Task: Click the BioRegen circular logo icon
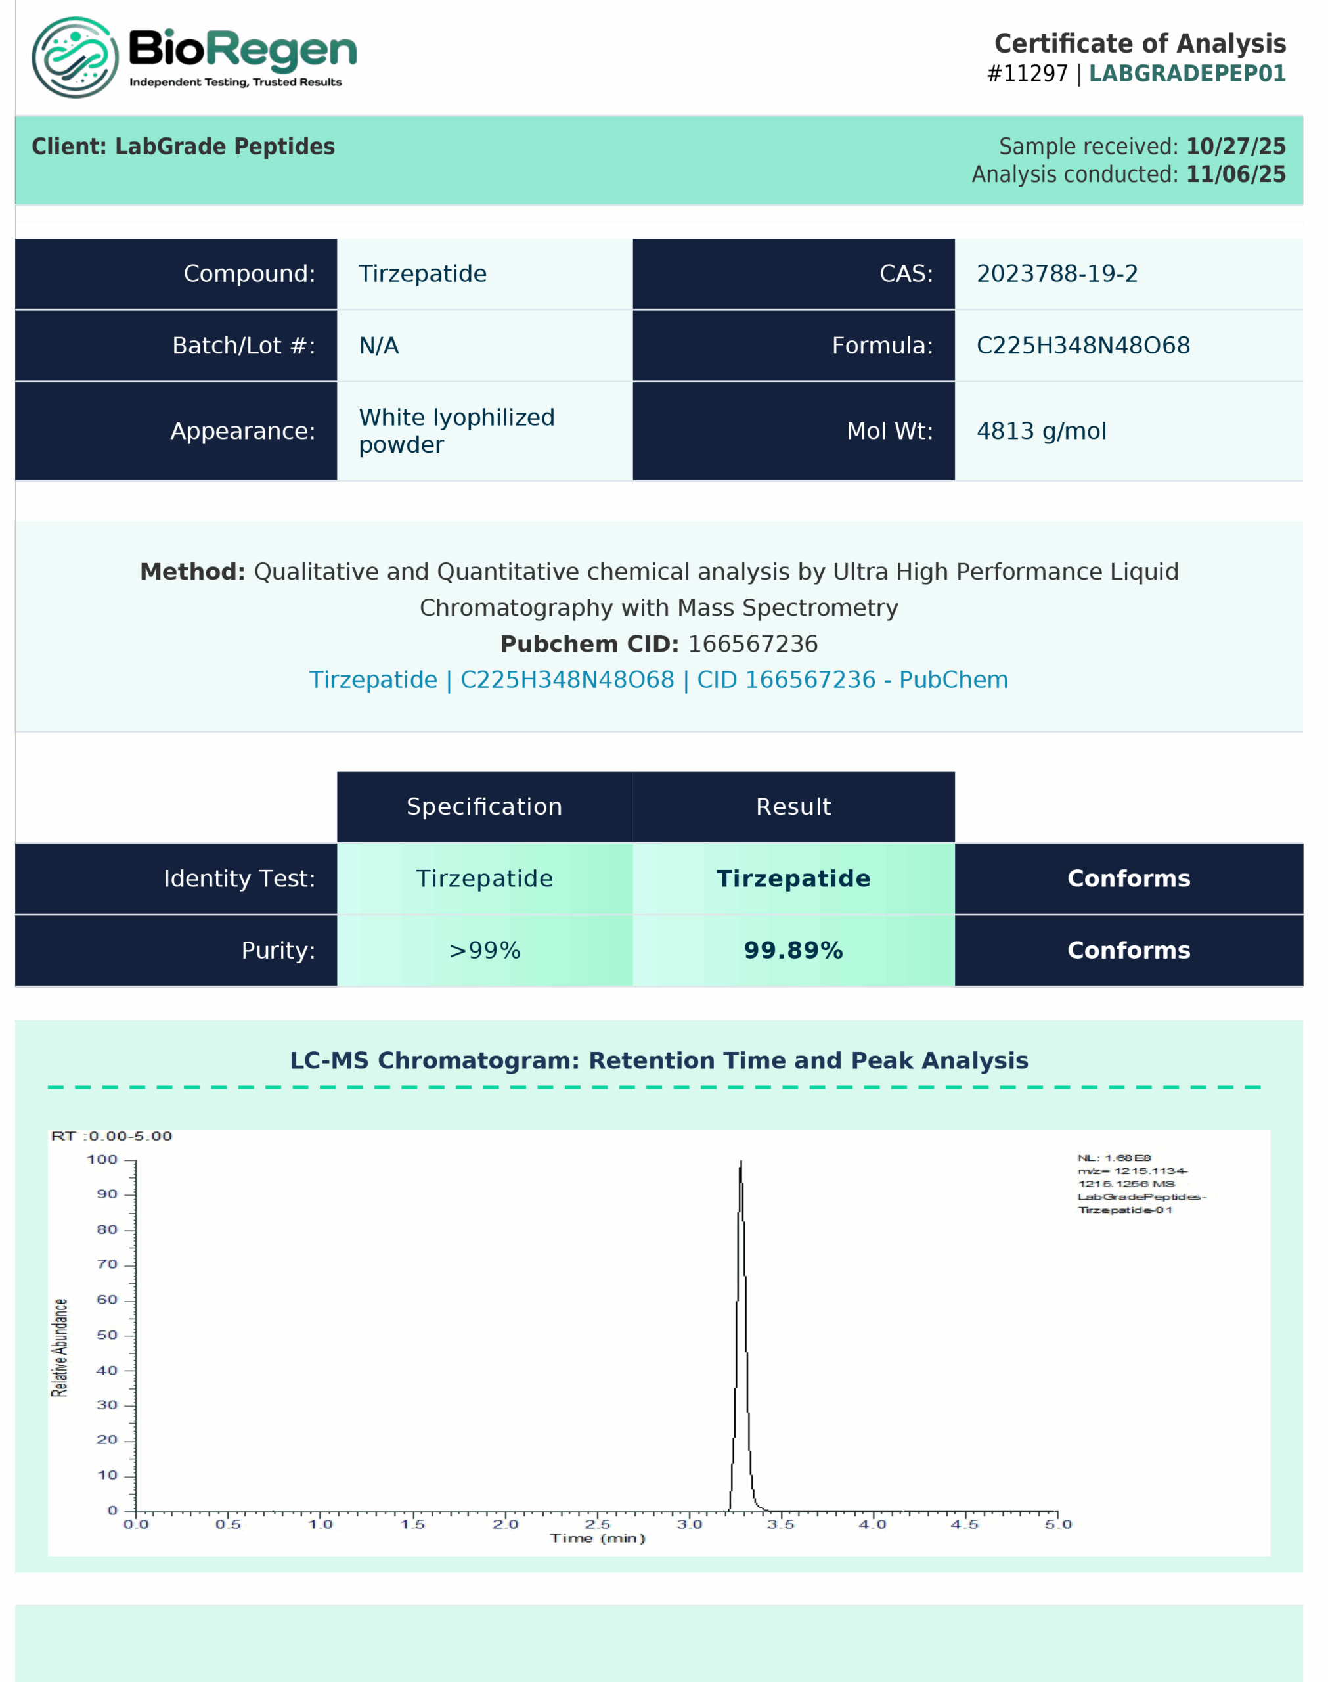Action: click(75, 58)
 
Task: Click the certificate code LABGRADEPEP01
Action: click(1187, 74)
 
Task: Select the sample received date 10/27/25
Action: click(1235, 147)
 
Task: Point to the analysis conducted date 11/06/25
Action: click(1235, 174)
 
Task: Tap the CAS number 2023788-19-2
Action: click(1057, 274)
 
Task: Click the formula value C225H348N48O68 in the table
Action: click(1082, 345)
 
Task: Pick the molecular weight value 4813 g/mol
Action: click(1040, 431)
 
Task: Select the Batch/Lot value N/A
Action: click(379, 345)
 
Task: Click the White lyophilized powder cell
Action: click(456, 431)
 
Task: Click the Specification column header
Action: click(485, 806)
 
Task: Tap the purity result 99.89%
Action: click(793, 950)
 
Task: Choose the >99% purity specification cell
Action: click(485, 950)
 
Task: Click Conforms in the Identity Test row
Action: click(1128, 878)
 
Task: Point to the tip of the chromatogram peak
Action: click(740, 1162)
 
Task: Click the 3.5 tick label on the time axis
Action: click(781, 1524)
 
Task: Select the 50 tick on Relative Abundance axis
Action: click(107, 1335)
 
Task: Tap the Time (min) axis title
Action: click(597, 1538)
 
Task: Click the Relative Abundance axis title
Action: click(60, 1348)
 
